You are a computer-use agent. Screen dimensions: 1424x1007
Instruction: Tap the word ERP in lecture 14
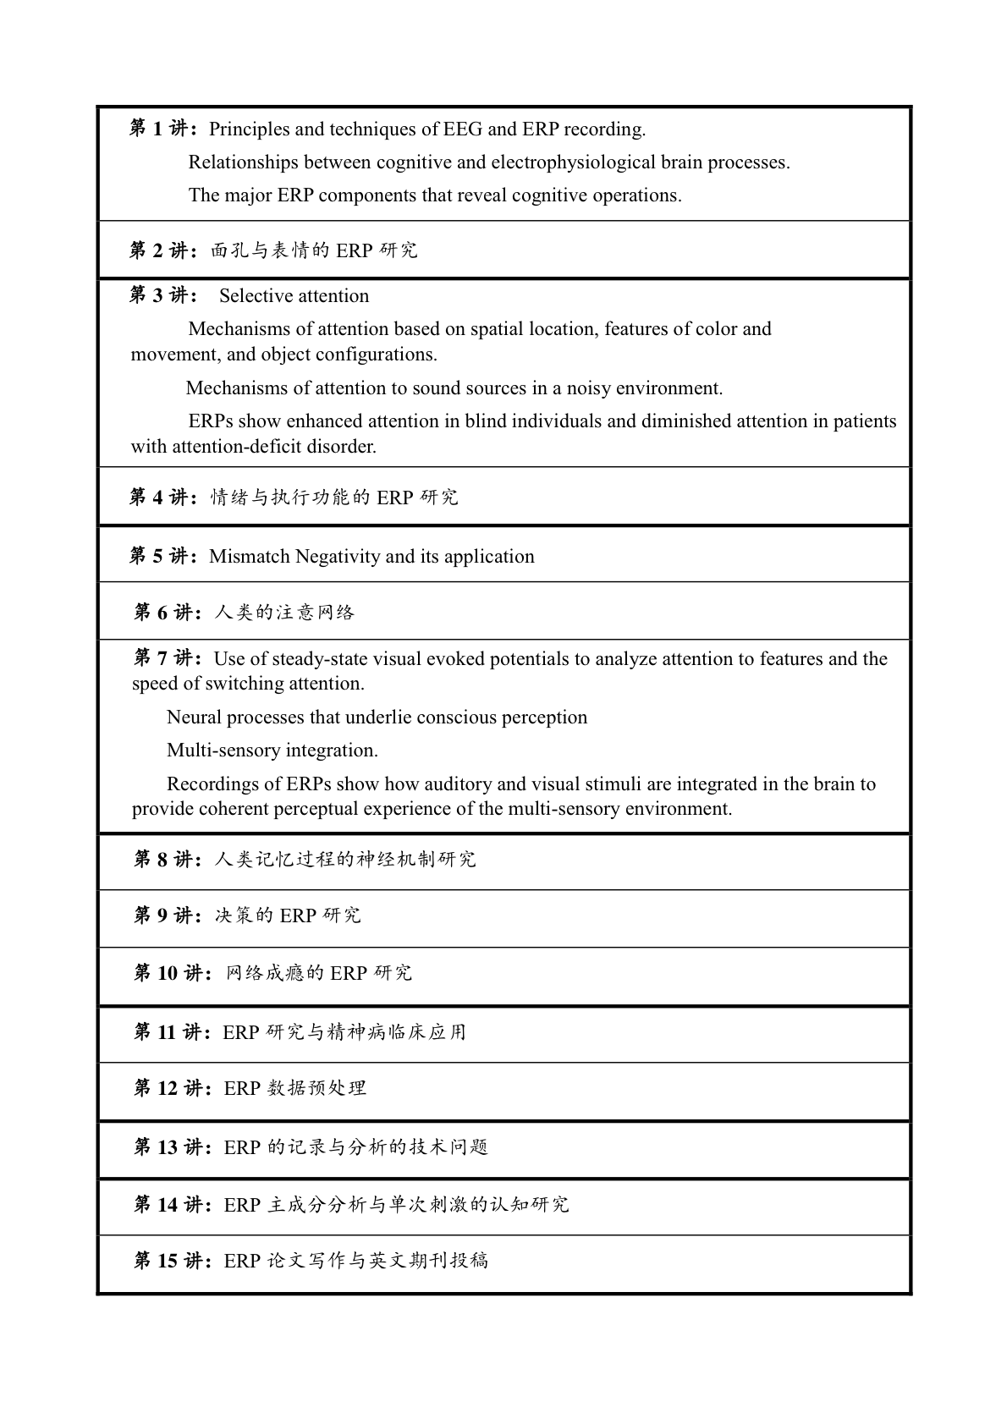click(x=242, y=1205)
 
